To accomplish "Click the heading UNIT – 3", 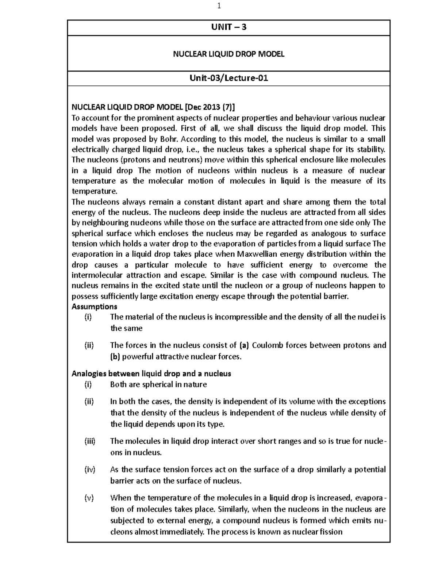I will point(229,27).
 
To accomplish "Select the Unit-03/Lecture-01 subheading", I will point(229,78).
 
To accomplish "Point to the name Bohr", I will point(169,139).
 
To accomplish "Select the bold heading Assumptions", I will point(94,306).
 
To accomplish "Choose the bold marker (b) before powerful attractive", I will point(115,357).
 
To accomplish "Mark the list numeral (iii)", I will point(89,441).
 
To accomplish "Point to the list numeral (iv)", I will point(89,470).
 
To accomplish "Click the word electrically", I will point(90,149).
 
